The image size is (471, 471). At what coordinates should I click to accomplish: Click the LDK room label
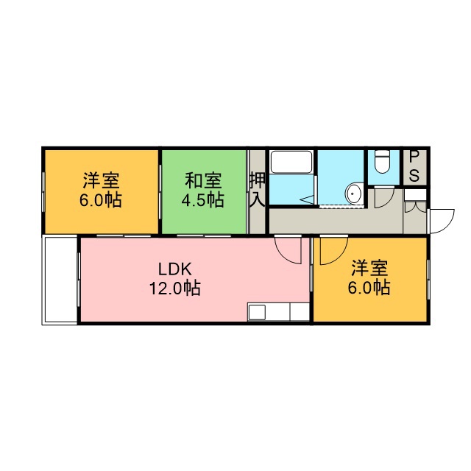coord(175,269)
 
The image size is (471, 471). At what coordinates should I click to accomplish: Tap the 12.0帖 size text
coord(175,288)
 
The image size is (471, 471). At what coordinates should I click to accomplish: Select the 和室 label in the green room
coord(203,180)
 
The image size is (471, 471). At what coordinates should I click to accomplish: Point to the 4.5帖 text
coord(203,199)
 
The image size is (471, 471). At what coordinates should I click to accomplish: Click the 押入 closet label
coord(258,189)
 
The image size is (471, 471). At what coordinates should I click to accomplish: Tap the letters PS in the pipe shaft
coord(414,166)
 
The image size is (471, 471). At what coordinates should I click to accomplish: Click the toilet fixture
coord(382,162)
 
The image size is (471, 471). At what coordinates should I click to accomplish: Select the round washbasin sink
coord(354,194)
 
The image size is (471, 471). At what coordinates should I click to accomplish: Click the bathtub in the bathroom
coord(291,162)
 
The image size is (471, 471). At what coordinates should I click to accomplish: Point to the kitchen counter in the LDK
coord(278,312)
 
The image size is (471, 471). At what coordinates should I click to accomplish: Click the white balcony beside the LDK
coord(60,280)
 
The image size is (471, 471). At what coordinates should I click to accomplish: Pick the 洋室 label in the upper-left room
coord(102,180)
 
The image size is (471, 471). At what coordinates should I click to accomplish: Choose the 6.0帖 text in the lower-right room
coord(369,288)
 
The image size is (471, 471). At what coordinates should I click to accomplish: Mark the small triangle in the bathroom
coord(307,199)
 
